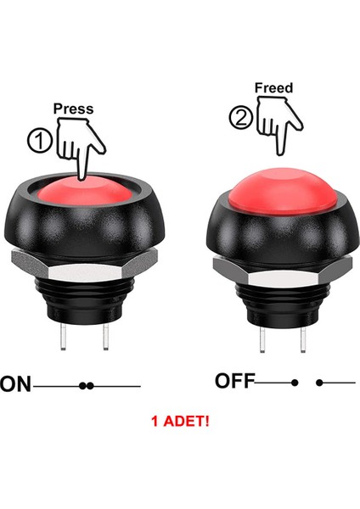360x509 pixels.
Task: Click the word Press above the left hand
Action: point(73,109)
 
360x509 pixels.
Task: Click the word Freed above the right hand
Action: point(273,87)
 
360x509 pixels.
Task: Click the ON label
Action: point(16,386)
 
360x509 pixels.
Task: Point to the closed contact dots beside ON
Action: point(86,386)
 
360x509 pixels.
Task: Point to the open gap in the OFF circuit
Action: point(307,383)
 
